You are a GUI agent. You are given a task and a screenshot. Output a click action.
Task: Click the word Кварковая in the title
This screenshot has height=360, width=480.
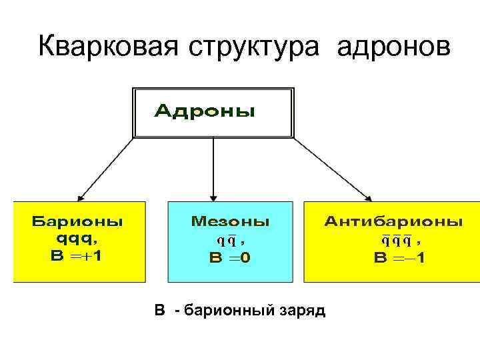coord(107,47)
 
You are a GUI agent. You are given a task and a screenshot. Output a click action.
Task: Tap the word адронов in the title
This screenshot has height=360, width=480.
coord(394,48)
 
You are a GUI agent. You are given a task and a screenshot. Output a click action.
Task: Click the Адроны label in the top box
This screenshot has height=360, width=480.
coord(205,111)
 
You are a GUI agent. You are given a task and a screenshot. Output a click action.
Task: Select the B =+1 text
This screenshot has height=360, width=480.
coord(77,257)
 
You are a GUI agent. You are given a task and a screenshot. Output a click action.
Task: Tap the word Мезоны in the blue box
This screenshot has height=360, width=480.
coord(231,221)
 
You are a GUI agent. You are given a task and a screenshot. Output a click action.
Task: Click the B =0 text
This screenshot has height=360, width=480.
coord(231,257)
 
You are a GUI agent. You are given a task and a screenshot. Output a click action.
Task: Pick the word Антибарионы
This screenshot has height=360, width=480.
coord(393,221)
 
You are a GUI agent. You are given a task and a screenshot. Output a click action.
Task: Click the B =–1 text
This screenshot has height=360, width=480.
coord(400,257)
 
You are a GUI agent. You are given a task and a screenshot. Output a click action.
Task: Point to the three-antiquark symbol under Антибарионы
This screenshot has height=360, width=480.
coord(397,240)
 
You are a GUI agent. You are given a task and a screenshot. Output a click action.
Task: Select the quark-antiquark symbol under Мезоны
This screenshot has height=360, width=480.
coord(225,240)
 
